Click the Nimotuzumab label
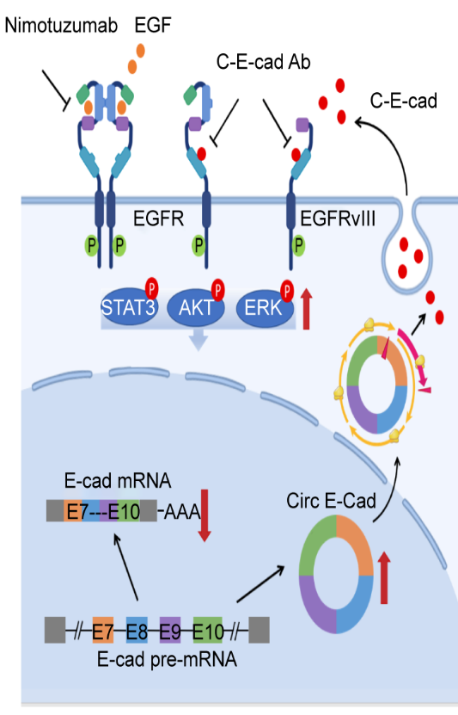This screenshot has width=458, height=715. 61,26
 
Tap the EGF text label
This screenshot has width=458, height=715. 152,26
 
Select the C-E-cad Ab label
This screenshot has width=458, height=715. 263,62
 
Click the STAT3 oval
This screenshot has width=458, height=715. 129,306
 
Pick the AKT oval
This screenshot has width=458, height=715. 196,308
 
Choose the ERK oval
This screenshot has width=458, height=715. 265,308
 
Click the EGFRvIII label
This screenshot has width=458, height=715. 338,219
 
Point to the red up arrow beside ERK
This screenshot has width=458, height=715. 307,309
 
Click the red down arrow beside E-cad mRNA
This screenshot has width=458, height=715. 205,515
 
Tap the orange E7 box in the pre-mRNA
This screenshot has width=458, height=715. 103,630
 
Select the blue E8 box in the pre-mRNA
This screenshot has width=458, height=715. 137,630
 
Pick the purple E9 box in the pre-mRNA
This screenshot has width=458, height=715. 170,630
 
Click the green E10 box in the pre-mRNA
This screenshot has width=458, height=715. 208,630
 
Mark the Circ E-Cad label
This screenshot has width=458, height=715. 331,501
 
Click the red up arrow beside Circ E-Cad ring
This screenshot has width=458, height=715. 384,577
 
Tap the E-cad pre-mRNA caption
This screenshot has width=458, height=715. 167,659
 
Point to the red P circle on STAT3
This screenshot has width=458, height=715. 151,288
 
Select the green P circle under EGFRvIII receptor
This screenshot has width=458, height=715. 298,245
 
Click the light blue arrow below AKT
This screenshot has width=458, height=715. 198,340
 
